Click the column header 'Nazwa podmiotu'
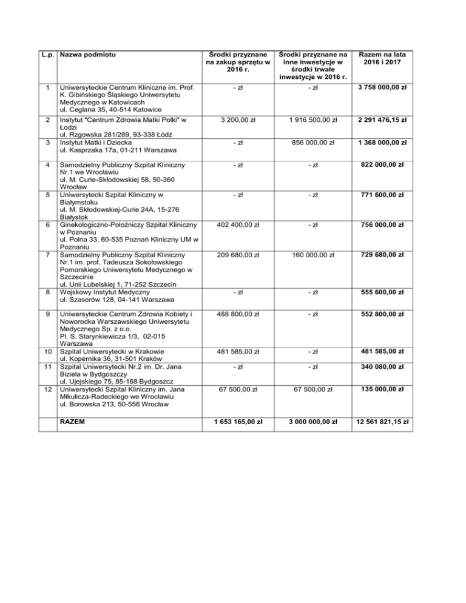click(86, 56)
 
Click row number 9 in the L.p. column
click(47, 315)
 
